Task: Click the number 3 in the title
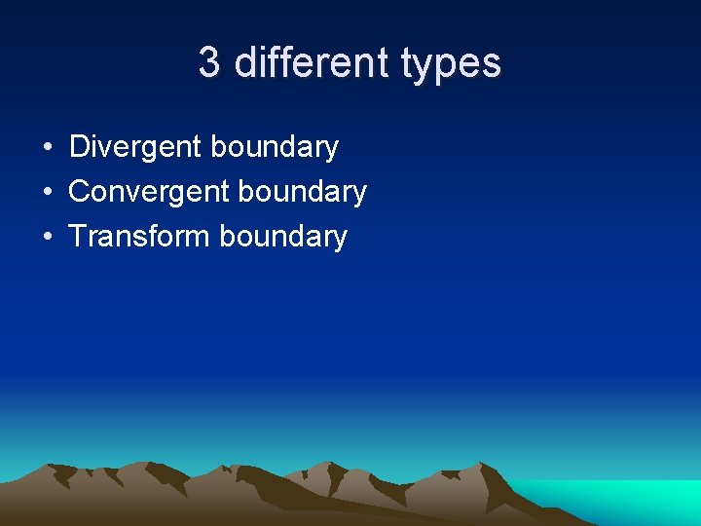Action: coord(209,63)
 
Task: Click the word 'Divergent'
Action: coord(135,147)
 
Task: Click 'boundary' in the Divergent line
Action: coord(275,147)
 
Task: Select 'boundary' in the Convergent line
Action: coord(303,192)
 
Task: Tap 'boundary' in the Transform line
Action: coord(283,237)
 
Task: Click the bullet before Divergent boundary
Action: coord(47,148)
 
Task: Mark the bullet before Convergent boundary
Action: coord(47,193)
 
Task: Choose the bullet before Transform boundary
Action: coord(47,238)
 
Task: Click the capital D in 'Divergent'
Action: coord(79,147)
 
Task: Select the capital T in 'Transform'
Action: coord(78,237)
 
